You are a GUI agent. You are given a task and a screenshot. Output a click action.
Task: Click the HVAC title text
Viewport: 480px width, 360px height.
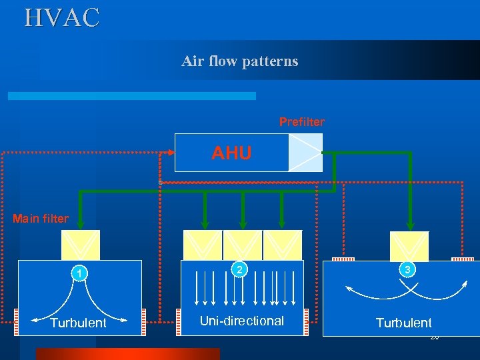62,17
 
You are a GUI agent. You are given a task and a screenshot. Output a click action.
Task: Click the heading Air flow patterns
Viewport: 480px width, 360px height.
240,61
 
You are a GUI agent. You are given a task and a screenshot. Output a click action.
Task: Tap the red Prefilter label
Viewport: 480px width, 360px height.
301,122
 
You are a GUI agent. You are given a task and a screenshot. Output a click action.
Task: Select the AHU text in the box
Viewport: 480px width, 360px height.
231,153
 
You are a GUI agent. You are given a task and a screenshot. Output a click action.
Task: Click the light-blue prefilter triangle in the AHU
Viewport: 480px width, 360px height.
305,153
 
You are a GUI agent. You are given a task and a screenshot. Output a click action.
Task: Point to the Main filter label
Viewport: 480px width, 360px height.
40,218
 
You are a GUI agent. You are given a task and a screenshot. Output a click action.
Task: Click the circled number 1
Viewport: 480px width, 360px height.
79,273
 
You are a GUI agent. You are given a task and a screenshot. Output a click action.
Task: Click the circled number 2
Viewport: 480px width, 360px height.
239,269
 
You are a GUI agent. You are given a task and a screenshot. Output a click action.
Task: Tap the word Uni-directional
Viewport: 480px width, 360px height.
242,321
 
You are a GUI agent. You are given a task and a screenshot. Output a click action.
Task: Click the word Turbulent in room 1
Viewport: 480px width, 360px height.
78,323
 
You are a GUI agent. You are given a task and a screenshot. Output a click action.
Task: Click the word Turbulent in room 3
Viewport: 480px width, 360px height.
403,323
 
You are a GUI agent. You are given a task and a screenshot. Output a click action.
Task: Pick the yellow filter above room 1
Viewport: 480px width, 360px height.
81,245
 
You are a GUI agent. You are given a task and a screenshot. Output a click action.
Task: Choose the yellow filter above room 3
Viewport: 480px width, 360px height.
409,245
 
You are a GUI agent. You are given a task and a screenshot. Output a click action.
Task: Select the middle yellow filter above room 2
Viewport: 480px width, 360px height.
242,245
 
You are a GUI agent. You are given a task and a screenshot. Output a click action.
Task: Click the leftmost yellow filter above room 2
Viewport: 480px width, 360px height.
203,245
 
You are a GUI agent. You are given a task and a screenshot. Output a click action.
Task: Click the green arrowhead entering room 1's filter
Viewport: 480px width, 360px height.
81,224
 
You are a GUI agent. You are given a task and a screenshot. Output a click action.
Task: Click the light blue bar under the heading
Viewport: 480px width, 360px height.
131,96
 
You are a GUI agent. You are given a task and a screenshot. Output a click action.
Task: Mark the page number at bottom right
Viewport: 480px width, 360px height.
434,337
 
